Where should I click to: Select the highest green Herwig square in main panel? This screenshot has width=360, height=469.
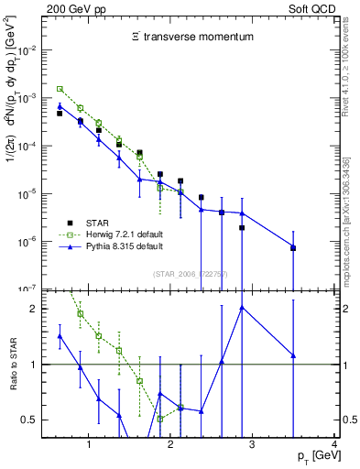[x=60, y=89]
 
